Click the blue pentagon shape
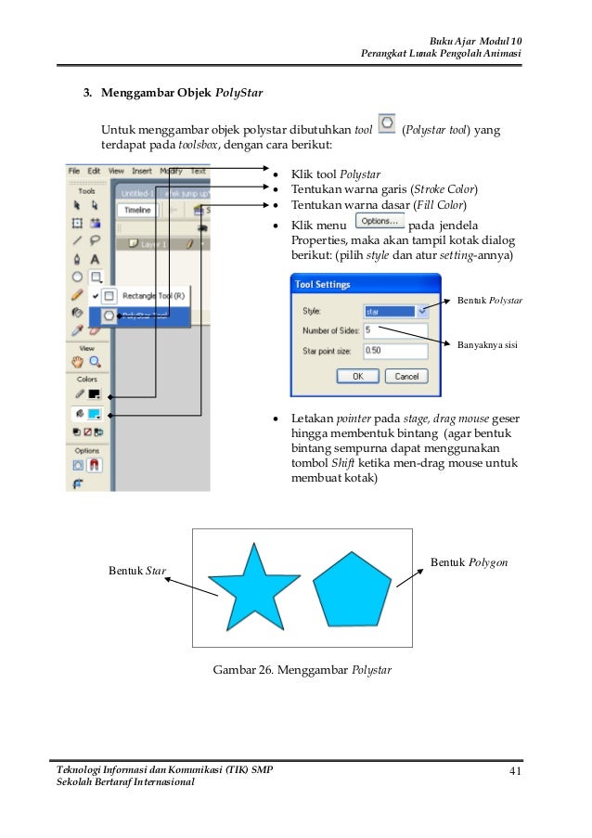click(x=351, y=590)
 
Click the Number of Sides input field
click(x=395, y=329)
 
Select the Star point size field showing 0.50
click(x=395, y=351)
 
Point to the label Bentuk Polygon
click(x=469, y=562)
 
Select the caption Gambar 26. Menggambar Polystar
click(x=302, y=668)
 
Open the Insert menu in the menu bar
click(x=142, y=171)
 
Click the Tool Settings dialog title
click(x=322, y=286)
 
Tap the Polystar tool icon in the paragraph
click(x=386, y=123)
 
